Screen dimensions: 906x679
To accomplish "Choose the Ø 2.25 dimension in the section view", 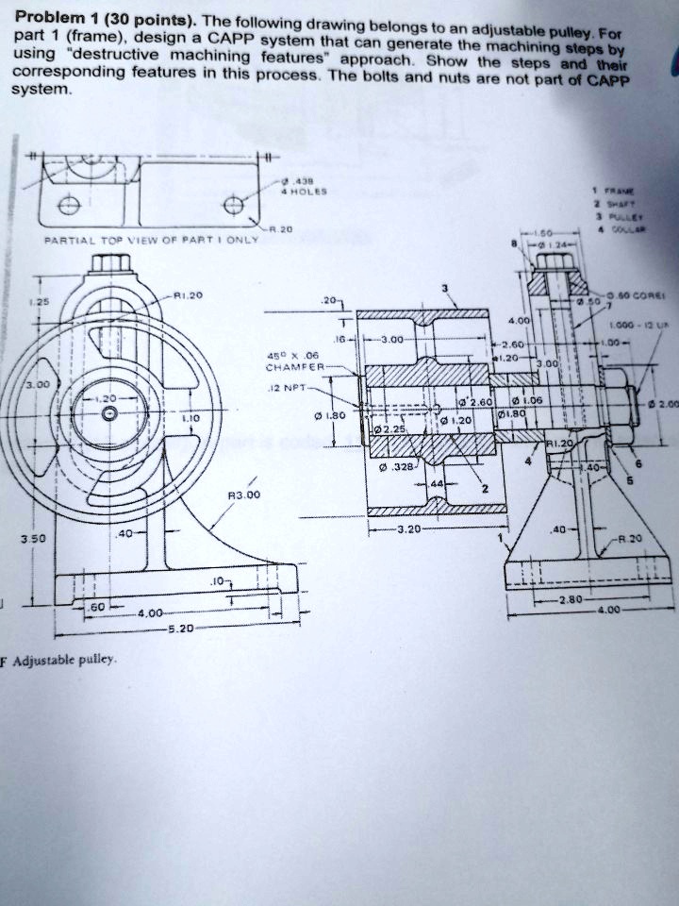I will click(x=391, y=428).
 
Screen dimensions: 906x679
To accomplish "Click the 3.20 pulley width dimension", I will click(x=410, y=529).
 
